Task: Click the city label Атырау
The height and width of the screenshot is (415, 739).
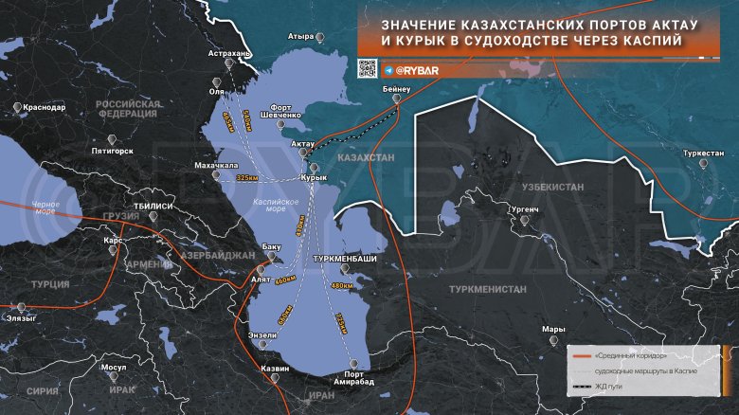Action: click(300, 37)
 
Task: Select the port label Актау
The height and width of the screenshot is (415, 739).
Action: click(303, 144)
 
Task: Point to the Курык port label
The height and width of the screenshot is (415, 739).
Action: click(314, 177)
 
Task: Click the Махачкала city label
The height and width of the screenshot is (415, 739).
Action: click(216, 165)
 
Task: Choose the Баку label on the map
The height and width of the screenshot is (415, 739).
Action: click(273, 247)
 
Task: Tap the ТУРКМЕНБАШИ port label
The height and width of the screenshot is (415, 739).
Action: click(345, 259)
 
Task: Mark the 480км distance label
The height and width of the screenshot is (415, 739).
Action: click(342, 285)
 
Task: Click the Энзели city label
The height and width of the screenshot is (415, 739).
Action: click(262, 335)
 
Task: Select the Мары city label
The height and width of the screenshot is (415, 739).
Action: click(553, 330)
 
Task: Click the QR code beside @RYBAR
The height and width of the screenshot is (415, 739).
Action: click(368, 68)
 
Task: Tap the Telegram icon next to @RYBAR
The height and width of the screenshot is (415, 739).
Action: click(388, 70)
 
